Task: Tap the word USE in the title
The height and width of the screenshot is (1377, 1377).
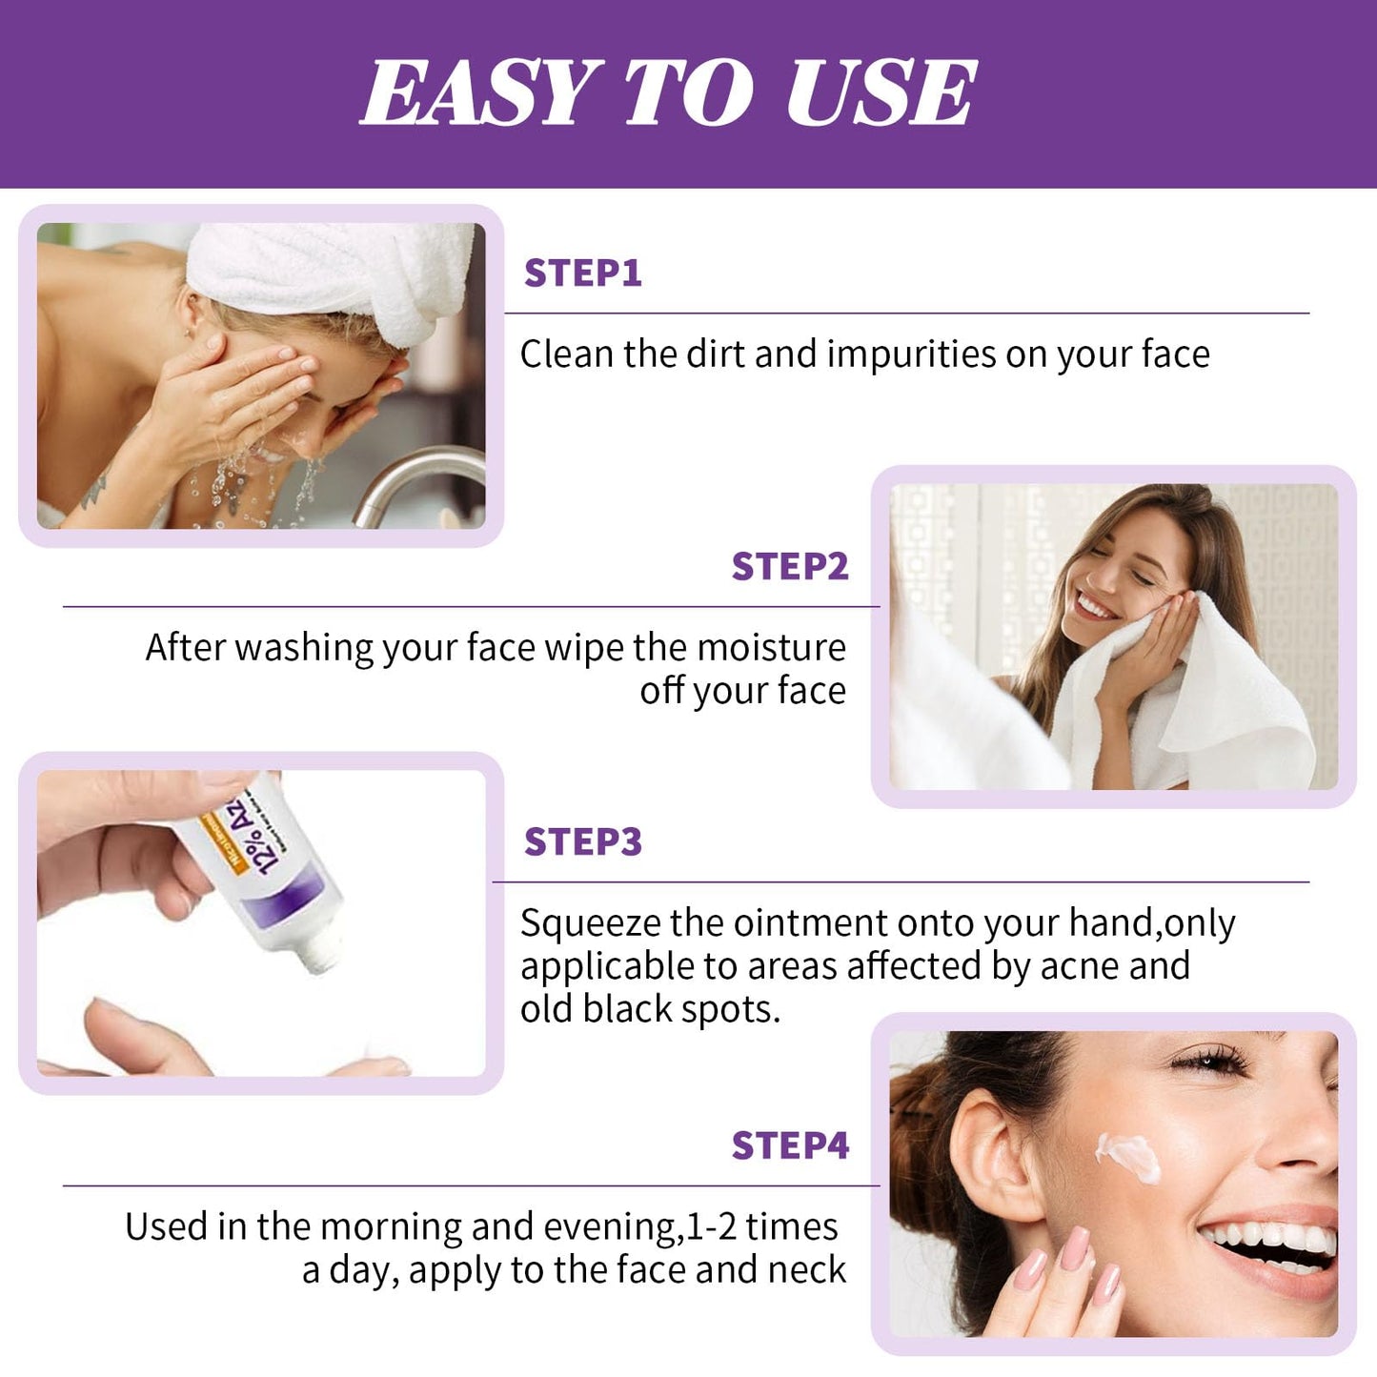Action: click(881, 92)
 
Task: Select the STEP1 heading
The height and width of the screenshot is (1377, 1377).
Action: click(582, 273)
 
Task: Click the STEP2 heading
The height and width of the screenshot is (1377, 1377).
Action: click(789, 567)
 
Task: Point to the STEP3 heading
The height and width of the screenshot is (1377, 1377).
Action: click(582, 842)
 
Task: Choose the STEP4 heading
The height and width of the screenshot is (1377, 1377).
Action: click(789, 1145)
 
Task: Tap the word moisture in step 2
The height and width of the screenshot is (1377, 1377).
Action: click(771, 648)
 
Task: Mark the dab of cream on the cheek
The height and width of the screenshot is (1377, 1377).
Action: click(1129, 1155)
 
